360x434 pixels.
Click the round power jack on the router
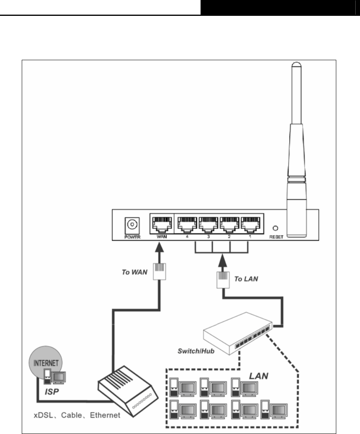[130, 225]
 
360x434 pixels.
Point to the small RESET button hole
[275, 228]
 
